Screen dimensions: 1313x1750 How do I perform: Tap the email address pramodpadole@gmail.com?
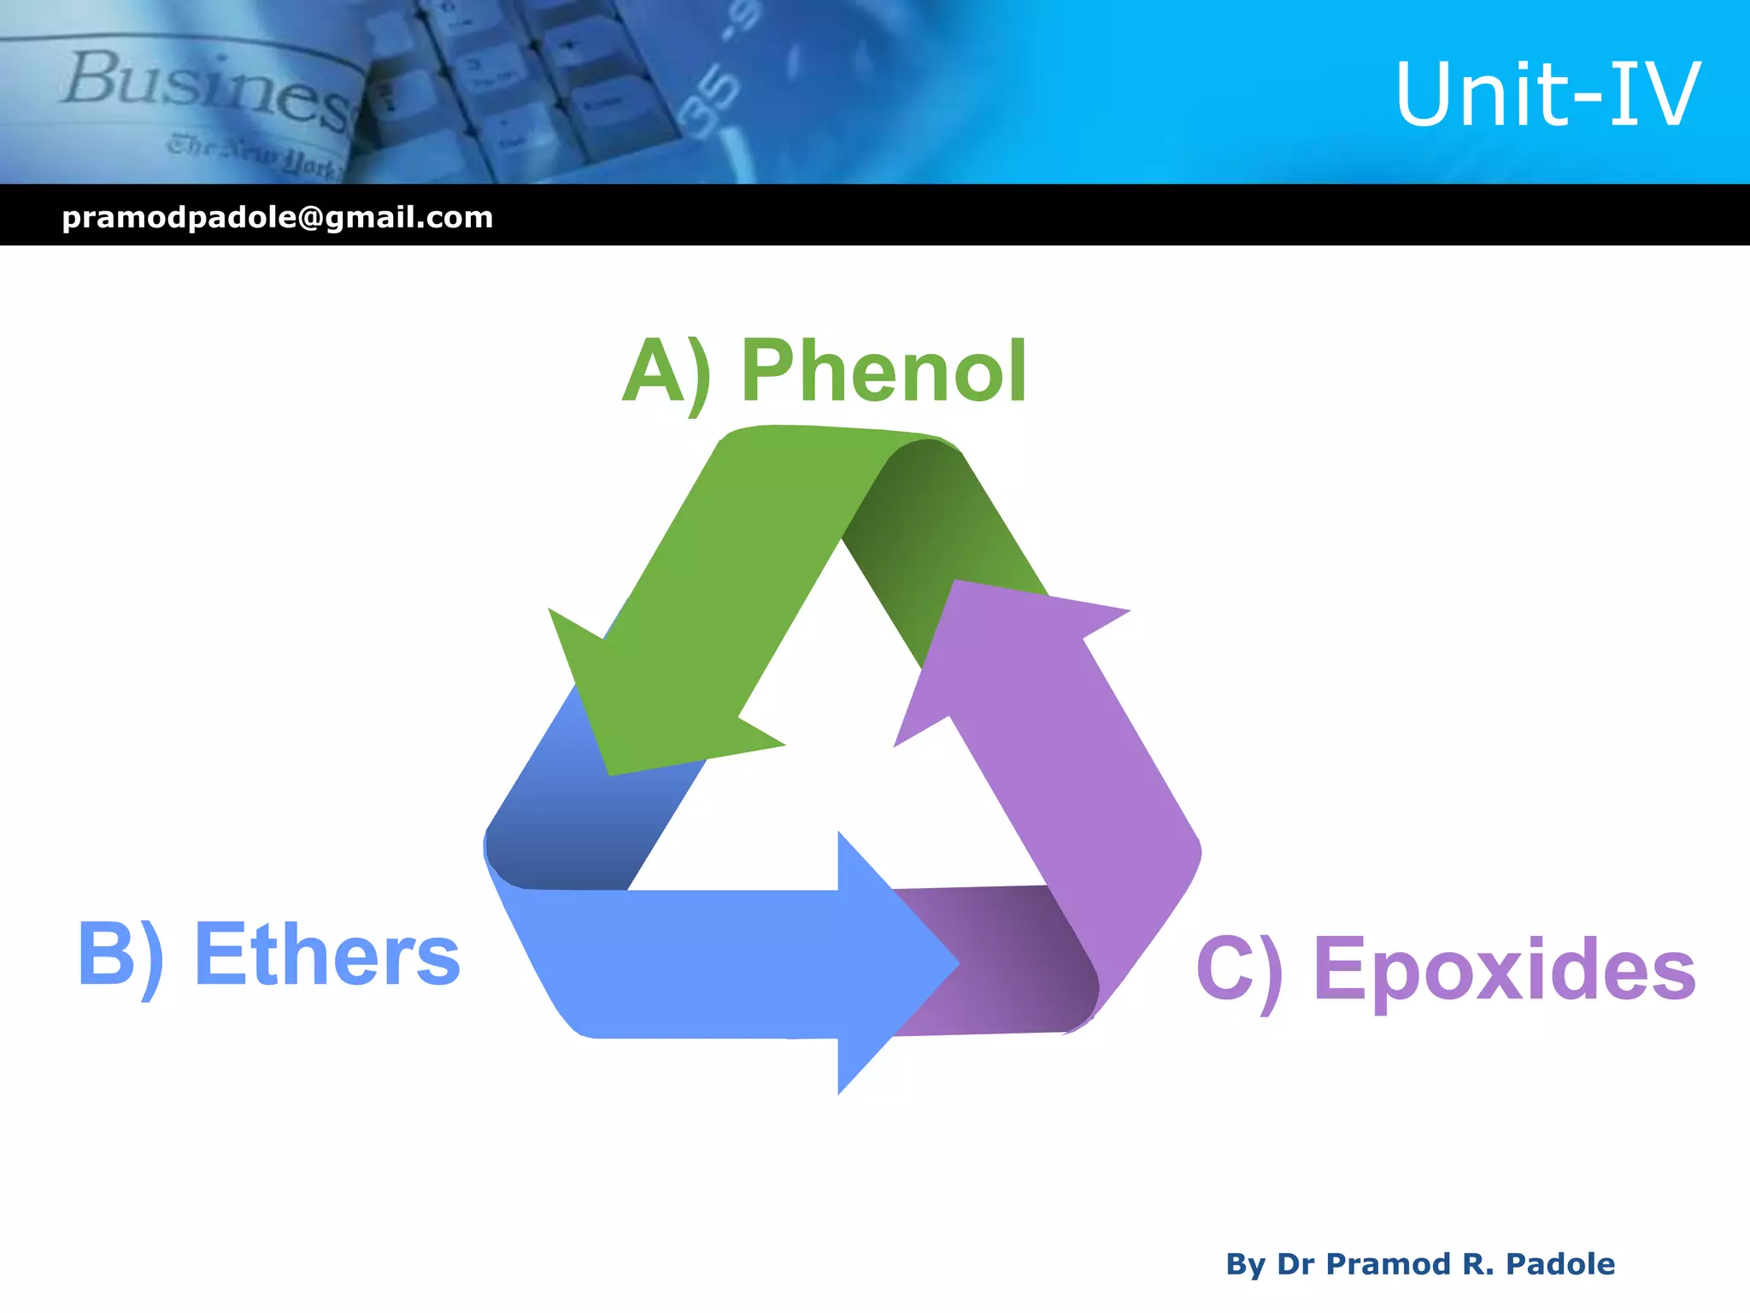[x=278, y=217]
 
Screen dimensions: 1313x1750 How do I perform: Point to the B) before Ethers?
[x=120, y=956]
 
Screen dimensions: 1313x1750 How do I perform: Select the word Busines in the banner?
[x=205, y=90]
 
